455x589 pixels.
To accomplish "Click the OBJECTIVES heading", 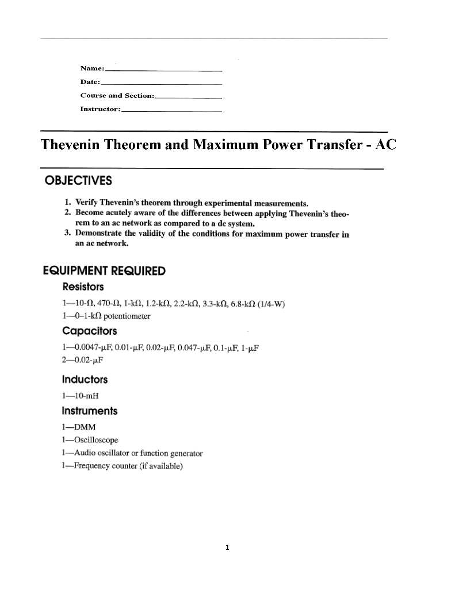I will tap(78, 181).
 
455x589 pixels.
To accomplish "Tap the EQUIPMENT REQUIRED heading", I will tap(105, 271).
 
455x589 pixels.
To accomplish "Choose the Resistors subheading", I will tap(83, 286).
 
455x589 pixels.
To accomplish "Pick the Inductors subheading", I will tap(85, 380).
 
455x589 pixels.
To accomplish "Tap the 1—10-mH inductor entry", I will tap(77, 395).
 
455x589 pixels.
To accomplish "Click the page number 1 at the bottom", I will tap(227, 548).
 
